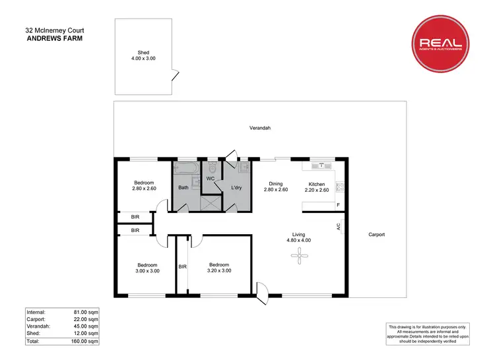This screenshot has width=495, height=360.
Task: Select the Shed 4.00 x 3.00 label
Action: click(x=143, y=55)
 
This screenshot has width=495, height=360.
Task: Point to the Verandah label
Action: click(x=259, y=128)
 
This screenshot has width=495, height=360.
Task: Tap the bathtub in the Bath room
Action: click(x=185, y=168)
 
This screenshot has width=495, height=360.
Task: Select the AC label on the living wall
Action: click(x=338, y=226)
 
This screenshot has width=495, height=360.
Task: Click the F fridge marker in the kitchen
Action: click(x=338, y=205)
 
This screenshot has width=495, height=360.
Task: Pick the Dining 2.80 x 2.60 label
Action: click(x=276, y=187)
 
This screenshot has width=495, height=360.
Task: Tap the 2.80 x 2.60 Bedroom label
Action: click(x=144, y=185)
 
